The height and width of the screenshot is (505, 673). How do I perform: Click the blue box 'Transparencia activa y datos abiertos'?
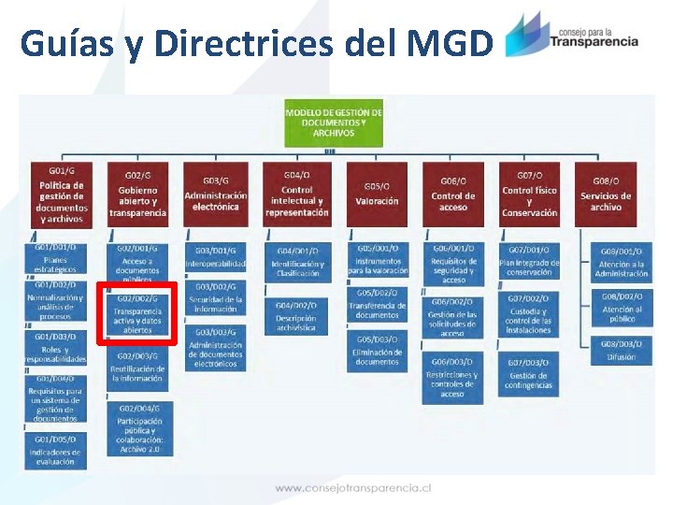(x=137, y=313)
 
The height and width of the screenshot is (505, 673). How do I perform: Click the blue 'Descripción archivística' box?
(x=296, y=318)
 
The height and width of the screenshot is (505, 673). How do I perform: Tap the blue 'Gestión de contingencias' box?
(x=529, y=375)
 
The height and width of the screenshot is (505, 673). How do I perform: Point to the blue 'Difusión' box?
(x=621, y=351)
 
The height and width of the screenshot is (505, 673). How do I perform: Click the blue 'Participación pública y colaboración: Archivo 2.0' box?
(x=140, y=429)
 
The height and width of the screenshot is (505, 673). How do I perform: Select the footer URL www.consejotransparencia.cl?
(x=352, y=488)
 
